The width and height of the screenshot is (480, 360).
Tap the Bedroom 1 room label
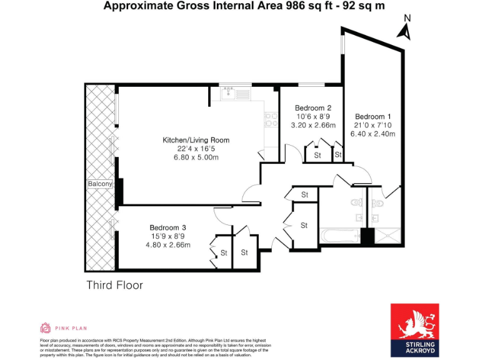[373, 117]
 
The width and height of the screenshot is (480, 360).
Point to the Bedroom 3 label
[167, 227]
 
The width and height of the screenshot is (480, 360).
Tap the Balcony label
[99, 184]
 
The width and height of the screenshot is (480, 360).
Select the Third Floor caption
[114, 286]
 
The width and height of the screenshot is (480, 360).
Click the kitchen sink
[229, 94]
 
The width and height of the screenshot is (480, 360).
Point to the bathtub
[340, 236]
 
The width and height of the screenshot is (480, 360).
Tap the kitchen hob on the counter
[271, 119]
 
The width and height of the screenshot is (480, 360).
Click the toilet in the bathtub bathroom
[356, 202]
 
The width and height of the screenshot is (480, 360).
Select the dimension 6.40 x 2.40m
[373, 134]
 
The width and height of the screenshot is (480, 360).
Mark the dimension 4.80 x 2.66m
[167, 244]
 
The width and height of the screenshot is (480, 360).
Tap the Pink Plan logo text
[70, 327]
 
